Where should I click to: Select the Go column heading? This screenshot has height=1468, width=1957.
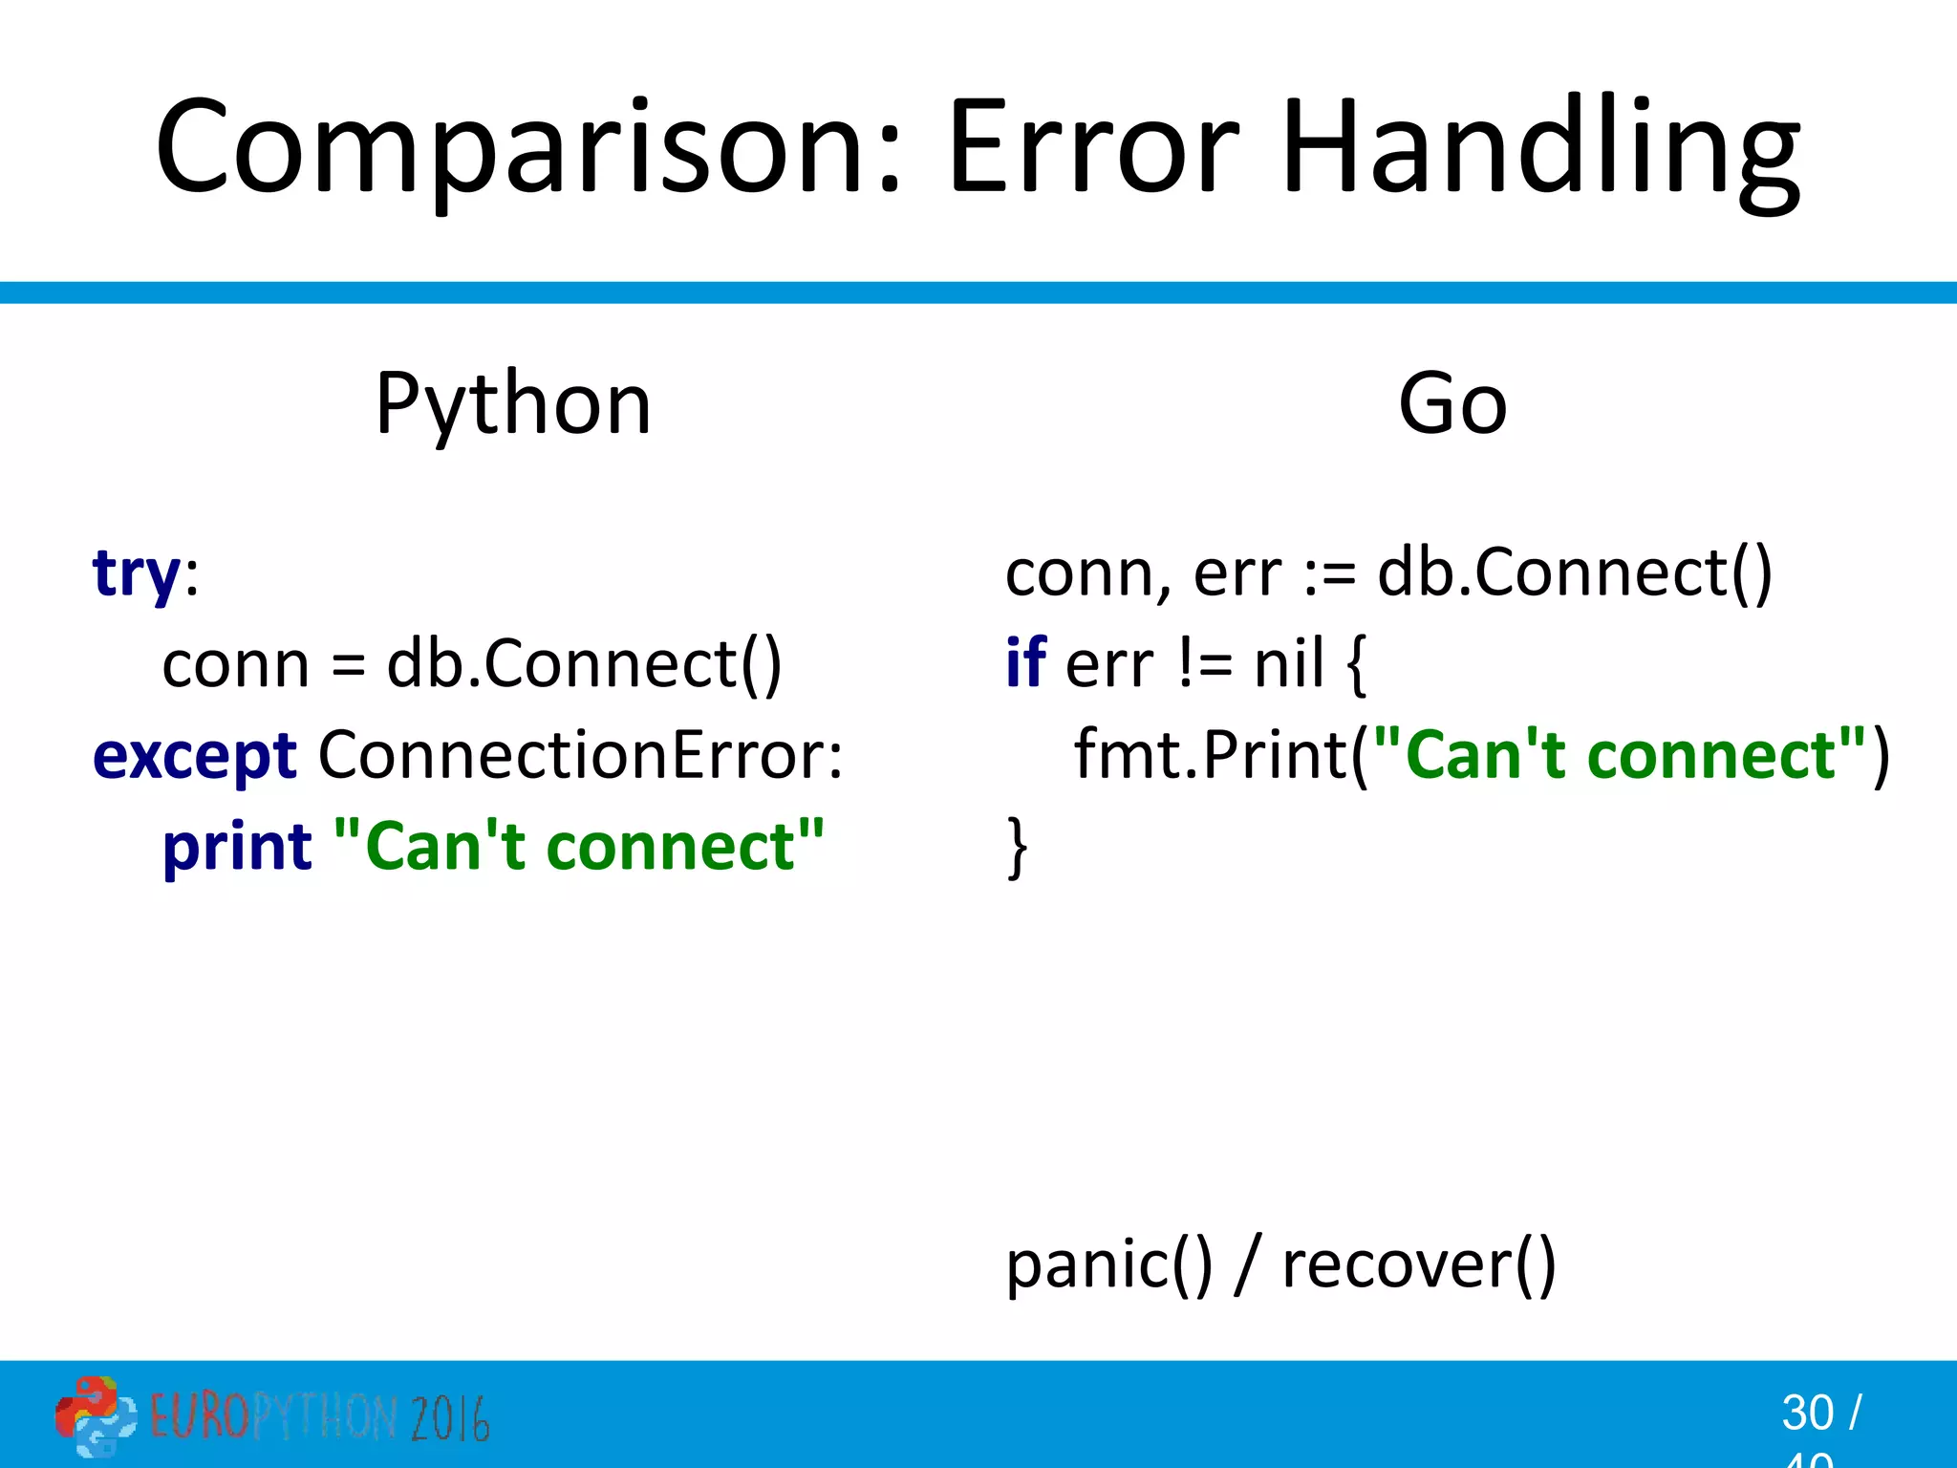coord(1452,404)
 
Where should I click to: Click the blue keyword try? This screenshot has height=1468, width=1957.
coord(137,575)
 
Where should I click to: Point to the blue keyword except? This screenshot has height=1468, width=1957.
coord(195,757)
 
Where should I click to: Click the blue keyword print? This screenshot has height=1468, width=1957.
coord(237,848)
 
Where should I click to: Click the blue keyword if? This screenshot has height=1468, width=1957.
coord(1025,663)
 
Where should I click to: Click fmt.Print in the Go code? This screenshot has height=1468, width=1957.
coord(1212,755)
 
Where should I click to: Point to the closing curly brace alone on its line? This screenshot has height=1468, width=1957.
coord(1017,847)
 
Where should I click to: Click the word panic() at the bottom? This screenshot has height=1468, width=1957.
coord(1108,1265)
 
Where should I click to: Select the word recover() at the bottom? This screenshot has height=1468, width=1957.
coord(1419,1265)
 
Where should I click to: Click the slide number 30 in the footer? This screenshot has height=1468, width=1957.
coord(1807,1413)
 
